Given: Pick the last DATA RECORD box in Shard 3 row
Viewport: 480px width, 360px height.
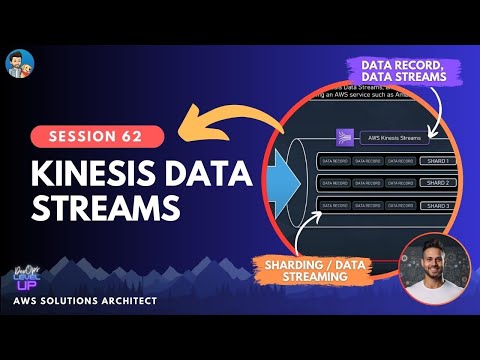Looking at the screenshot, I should [x=399, y=205].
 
